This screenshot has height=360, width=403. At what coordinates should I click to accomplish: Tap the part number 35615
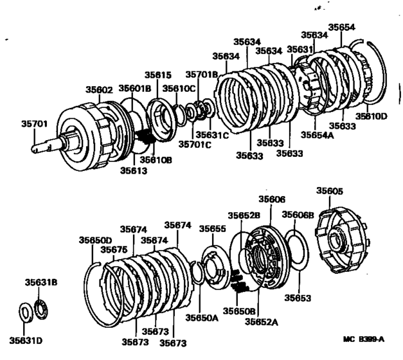point(158,75)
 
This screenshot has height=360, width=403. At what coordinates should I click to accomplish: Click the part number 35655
point(213,228)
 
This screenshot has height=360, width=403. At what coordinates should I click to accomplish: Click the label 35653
point(297,298)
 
